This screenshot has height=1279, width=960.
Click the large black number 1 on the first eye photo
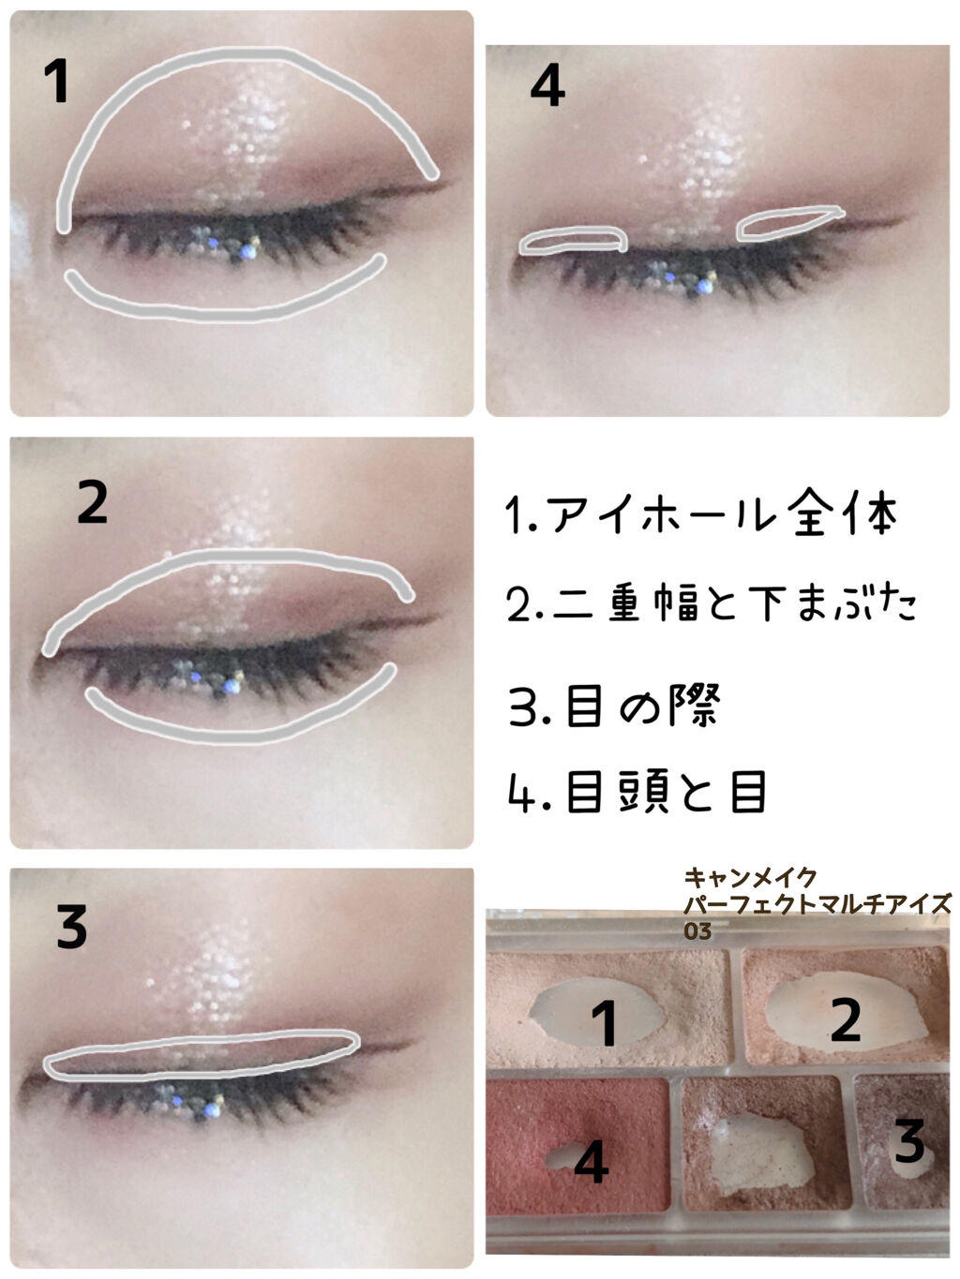[x=57, y=82]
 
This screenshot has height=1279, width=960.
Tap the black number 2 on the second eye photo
[x=93, y=501]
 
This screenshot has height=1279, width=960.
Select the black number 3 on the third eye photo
[x=71, y=927]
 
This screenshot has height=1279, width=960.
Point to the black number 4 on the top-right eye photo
[x=547, y=85]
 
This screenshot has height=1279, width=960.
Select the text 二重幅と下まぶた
[x=734, y=603]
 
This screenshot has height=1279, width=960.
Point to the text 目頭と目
[x=666, y=791]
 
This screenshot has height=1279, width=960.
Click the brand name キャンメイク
[x=750, y=877]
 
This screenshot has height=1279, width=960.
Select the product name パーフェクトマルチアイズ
[x=817, y=904]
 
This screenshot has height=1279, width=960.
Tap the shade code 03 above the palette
[x=697, y=931]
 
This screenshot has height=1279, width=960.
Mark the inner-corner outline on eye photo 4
[x=573, y=240]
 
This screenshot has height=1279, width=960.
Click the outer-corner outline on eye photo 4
[x=789, y=223]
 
